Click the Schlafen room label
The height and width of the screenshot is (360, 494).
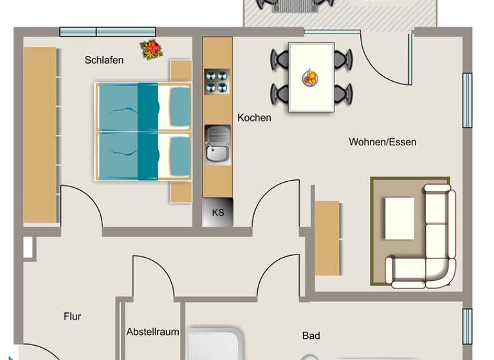coord(104,60)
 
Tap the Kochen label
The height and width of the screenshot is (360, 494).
coord(254,118)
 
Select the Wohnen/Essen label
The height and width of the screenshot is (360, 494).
coord(382,141)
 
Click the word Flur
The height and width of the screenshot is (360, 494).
coord(72,316)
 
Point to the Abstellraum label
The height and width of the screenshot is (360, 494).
coord(152,332)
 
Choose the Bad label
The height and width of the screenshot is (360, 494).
coord(311,335)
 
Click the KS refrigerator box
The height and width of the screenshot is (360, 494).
coord(217,212)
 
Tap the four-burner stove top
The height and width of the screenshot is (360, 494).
coord(217,81)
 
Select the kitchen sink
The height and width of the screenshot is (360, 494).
coord(217,144)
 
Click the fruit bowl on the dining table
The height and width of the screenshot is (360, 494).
coord(310,78)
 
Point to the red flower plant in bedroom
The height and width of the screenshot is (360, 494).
coord(151,49)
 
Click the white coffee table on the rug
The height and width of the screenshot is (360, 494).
coord(399,218)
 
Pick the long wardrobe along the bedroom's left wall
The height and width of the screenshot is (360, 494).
coord(40,135)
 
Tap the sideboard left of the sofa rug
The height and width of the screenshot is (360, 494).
coord(327,238)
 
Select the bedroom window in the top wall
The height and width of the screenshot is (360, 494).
coord(107,32)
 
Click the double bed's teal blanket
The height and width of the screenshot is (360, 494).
coord(125,132)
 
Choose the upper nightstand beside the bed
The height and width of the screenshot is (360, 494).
coord(181,70)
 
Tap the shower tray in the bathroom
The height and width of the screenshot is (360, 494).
coord(215,344)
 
